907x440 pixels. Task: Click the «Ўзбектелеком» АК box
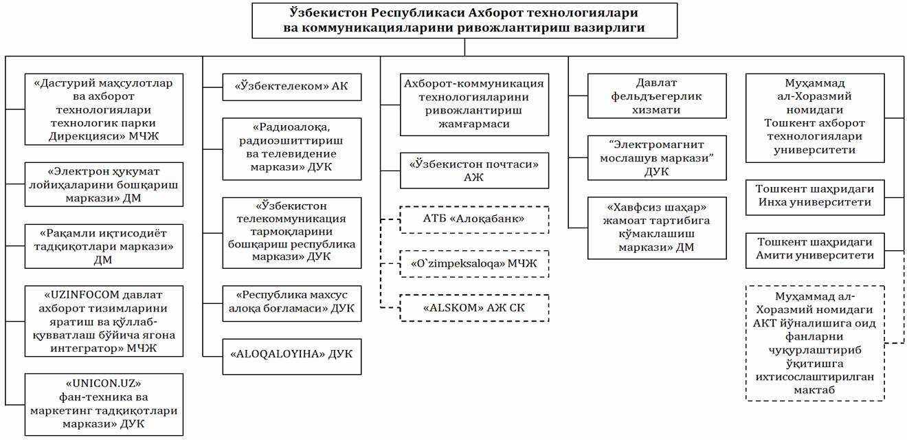point(291,87)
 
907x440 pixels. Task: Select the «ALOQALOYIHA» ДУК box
point(291,357)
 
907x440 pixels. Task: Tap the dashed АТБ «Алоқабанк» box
point(474,219)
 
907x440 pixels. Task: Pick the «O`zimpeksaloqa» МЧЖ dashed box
point(474,264)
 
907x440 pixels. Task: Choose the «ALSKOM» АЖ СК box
point(474,308)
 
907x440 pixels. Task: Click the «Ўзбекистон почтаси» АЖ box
point(474,170)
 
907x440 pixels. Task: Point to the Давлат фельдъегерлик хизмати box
point(657,96)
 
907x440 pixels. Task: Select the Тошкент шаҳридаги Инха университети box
point(815,197)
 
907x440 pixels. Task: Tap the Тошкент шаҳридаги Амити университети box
point(815,250)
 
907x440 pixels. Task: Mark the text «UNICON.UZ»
point(103,383)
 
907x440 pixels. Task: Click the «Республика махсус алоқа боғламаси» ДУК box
point(291,303)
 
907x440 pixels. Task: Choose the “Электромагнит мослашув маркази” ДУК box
point(657,157)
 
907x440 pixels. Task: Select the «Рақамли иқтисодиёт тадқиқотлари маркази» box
point(104,246)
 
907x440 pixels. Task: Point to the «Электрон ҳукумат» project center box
point(104,184)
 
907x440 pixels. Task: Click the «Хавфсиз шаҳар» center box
point(657,228)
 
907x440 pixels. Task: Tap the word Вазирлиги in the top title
point(609,27)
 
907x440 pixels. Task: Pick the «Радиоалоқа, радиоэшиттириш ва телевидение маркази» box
point(291,149)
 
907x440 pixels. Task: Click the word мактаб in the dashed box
point(814,390)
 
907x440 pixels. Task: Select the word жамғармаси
point(473,124)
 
